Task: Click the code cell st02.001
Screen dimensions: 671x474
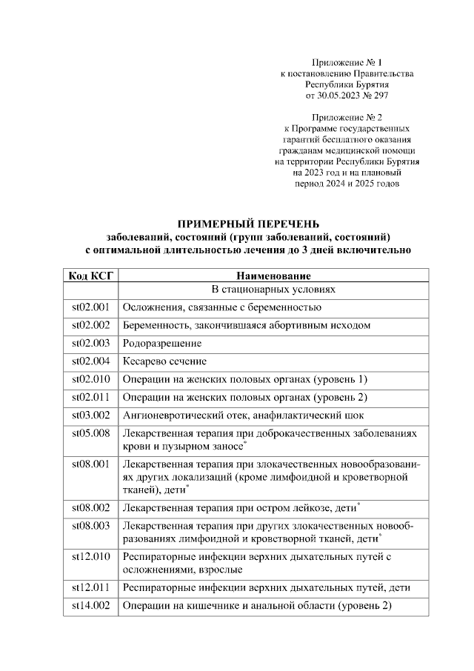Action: pos(90,307)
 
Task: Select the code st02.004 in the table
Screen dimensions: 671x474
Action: pos(90,361)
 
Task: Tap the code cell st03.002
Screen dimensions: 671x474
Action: pos(90,415)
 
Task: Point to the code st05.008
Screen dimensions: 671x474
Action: pos(90,433)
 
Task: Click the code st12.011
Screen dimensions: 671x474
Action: pos(90,588)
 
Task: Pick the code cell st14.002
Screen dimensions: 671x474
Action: pos(90,607)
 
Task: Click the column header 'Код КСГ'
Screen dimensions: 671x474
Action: pos(90,276)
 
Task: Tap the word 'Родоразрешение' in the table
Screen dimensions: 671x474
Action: pos(162,344)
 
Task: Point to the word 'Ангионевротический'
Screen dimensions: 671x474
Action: pos(175,415)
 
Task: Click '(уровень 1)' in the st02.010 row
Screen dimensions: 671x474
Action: pos(341,380)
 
